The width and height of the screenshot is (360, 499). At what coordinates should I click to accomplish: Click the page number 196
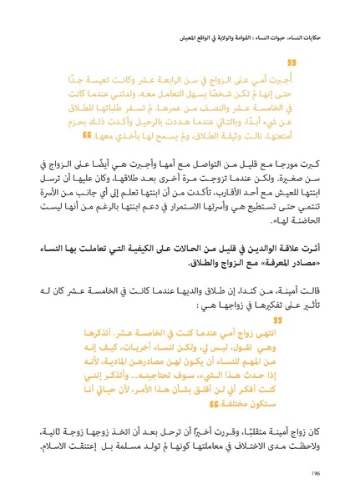tap(314, 473)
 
